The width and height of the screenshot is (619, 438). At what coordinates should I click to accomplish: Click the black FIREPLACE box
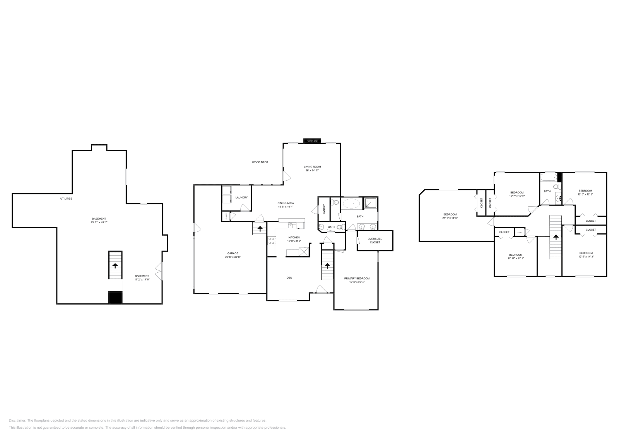pos(312,141)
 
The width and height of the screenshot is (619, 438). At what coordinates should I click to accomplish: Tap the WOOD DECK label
pos(260,162)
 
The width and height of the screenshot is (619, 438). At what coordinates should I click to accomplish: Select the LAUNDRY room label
pos(241,197)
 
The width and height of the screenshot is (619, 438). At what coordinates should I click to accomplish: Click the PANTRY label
pos(324,209)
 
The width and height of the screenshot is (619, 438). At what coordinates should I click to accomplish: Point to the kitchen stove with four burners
pos(271,241)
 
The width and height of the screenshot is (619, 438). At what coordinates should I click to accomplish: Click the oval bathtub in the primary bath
pos(352,204)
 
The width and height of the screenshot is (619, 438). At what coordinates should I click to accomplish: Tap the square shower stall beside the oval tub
pos(371,204)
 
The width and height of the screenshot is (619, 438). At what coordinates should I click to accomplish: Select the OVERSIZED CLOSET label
pos(375,240)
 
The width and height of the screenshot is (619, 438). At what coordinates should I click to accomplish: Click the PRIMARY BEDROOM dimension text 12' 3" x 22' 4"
pos(357,282)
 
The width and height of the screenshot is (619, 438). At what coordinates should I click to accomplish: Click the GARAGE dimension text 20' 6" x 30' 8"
pos(232,257)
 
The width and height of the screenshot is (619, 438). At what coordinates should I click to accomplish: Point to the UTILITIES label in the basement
pos(66,198)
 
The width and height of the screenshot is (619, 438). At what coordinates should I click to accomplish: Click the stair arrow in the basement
pos(115,265)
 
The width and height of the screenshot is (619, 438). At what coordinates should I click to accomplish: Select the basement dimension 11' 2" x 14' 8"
pos(142,279)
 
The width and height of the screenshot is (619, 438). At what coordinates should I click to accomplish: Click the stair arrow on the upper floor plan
pos(556,237)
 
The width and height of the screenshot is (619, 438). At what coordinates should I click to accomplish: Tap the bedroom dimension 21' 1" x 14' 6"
pos(450,218)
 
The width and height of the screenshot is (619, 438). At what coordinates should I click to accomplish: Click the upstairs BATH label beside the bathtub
pos(547,191)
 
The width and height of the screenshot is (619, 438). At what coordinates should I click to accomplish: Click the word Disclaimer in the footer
pos(17,420)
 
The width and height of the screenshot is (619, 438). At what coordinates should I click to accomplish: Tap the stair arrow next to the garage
pos(260,228)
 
